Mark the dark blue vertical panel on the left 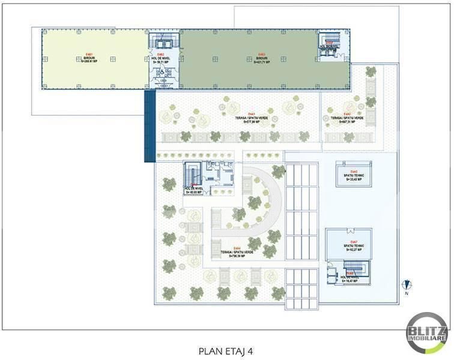pos(150,126)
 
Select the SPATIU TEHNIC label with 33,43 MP pos(352,176)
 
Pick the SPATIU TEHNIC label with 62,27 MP pos(351,246)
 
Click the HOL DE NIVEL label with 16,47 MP pos(351,277)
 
